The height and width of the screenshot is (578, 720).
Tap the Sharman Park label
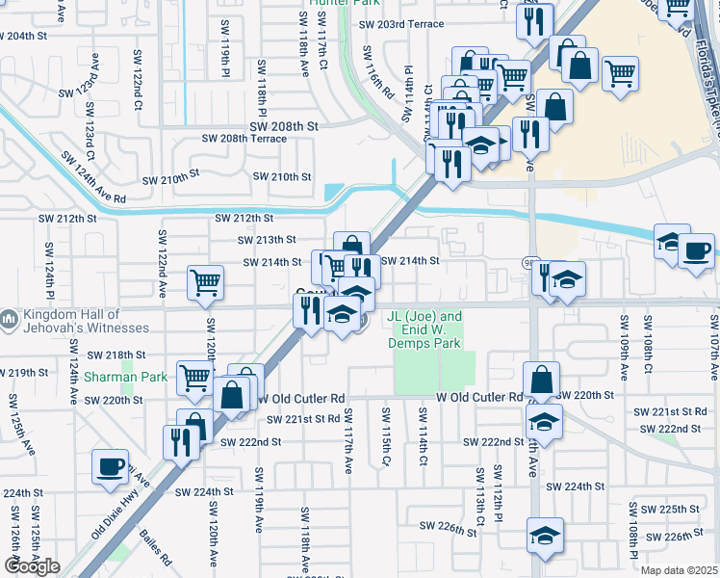coord(125,377)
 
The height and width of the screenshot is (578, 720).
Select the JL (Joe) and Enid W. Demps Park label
coord(424,328)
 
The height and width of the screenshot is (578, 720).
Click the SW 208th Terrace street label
coord(244,139)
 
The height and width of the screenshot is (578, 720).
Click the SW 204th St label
coord(26,36)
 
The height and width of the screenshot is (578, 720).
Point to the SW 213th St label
coord(268,240)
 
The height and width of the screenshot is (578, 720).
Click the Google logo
coord(32,566)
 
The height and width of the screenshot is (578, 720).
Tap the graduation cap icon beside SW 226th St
coord(544,536)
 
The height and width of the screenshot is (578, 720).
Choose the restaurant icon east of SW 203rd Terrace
coord(534,20)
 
